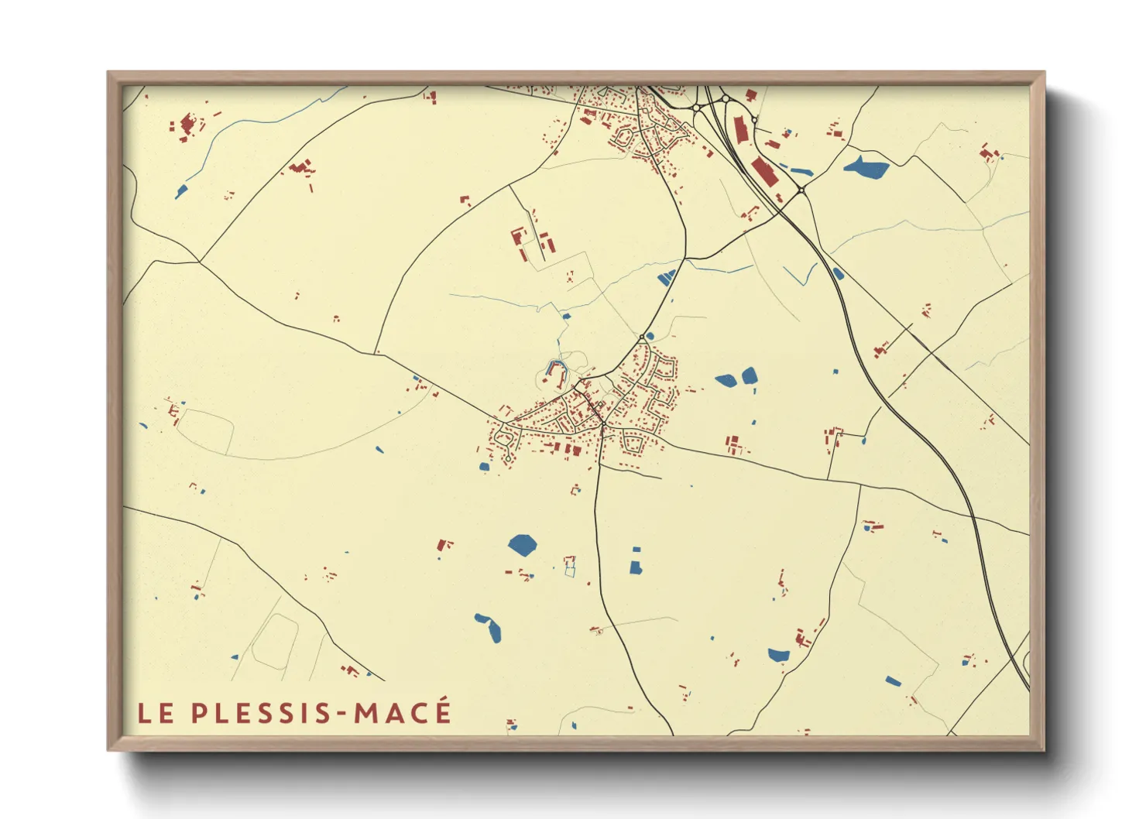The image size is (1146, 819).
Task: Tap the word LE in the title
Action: (156, 713)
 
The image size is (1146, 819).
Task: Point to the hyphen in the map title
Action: (345, 714)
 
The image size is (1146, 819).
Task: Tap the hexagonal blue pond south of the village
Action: (523, 545)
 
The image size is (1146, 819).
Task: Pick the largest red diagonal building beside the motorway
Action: (763, 171)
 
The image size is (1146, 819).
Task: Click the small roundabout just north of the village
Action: (643, 337)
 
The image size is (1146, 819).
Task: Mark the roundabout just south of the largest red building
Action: (801, 190)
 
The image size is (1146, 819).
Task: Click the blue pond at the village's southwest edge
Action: (484, 467)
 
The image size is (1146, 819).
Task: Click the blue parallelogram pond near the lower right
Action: (893, 681)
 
